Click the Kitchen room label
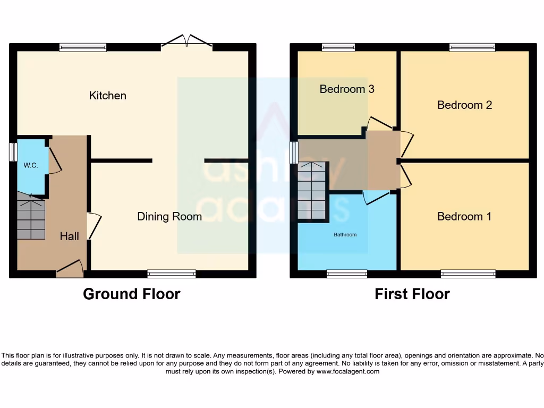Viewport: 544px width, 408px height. tap(108, 96)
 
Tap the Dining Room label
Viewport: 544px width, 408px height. tap(169, 216)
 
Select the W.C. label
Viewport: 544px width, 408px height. tap(30, 165)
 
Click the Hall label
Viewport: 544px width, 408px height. tap(69, 236)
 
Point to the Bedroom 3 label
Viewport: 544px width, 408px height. tap(347, 89)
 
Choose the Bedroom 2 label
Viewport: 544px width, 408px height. tap(464, 105)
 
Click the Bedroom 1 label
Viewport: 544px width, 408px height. tap(464, 217)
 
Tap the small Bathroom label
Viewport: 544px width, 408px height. tap(345, 234)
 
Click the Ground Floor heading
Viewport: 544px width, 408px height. tap(132, 294)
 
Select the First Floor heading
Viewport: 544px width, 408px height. tap(412, 294)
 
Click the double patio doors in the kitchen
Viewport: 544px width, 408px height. tap(186, 42)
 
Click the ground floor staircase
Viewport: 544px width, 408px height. tap(31, 219)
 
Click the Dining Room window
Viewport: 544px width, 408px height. tap(172, 274)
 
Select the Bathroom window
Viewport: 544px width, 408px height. tap(347, 274)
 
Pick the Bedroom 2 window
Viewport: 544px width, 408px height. tap(472, 47)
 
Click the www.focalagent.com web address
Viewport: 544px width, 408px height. tap(348, 371)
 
